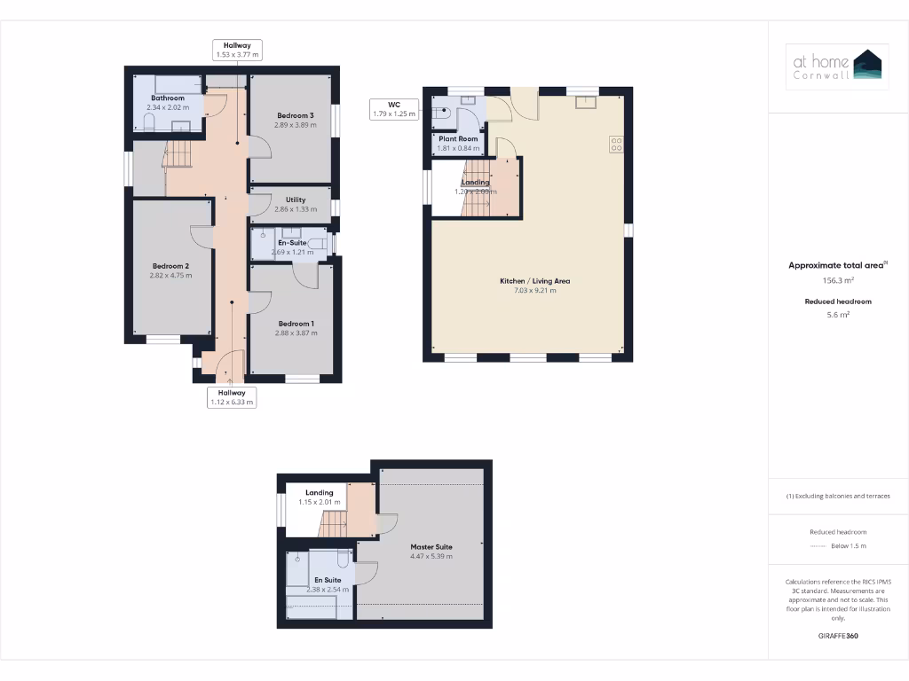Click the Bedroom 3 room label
coord(295,115)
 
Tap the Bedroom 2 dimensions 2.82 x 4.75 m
coord(171,276)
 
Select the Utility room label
coord(296,200)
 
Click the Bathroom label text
coord(167,98)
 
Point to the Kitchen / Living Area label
coord(534,281)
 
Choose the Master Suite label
coord(431,547)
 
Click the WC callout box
coord(393,109)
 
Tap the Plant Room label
coord(458,139)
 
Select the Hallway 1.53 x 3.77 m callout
coord(237,50)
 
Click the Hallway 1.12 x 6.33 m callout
coord(232,397)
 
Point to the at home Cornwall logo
coord(838,67)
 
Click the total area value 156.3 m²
coord(838,280)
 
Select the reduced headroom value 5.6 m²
coord(838,314)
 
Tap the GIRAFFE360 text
coord(838,636)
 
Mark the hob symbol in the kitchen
coord(614,144)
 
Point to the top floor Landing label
coord(320,493)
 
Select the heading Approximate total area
coord(837,265)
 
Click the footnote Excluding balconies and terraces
coord(838,496)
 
